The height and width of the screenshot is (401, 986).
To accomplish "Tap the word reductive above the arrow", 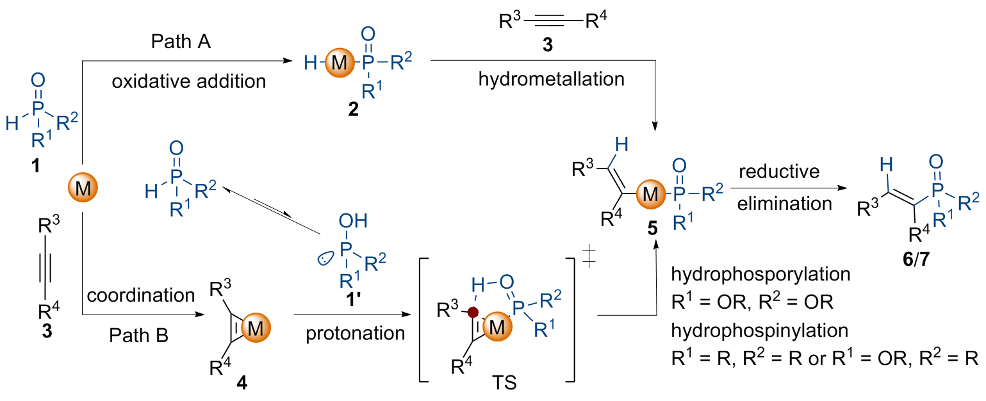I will (778, 172).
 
